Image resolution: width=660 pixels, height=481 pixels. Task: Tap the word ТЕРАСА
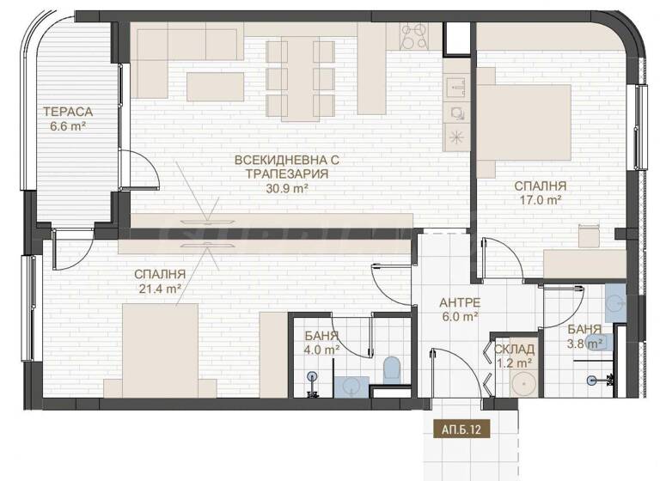(x=70, y=112)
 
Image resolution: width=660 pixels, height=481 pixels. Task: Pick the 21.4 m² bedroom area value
(x=159, y=289)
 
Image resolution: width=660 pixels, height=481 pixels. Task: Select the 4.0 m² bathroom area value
(x=322, y=349)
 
